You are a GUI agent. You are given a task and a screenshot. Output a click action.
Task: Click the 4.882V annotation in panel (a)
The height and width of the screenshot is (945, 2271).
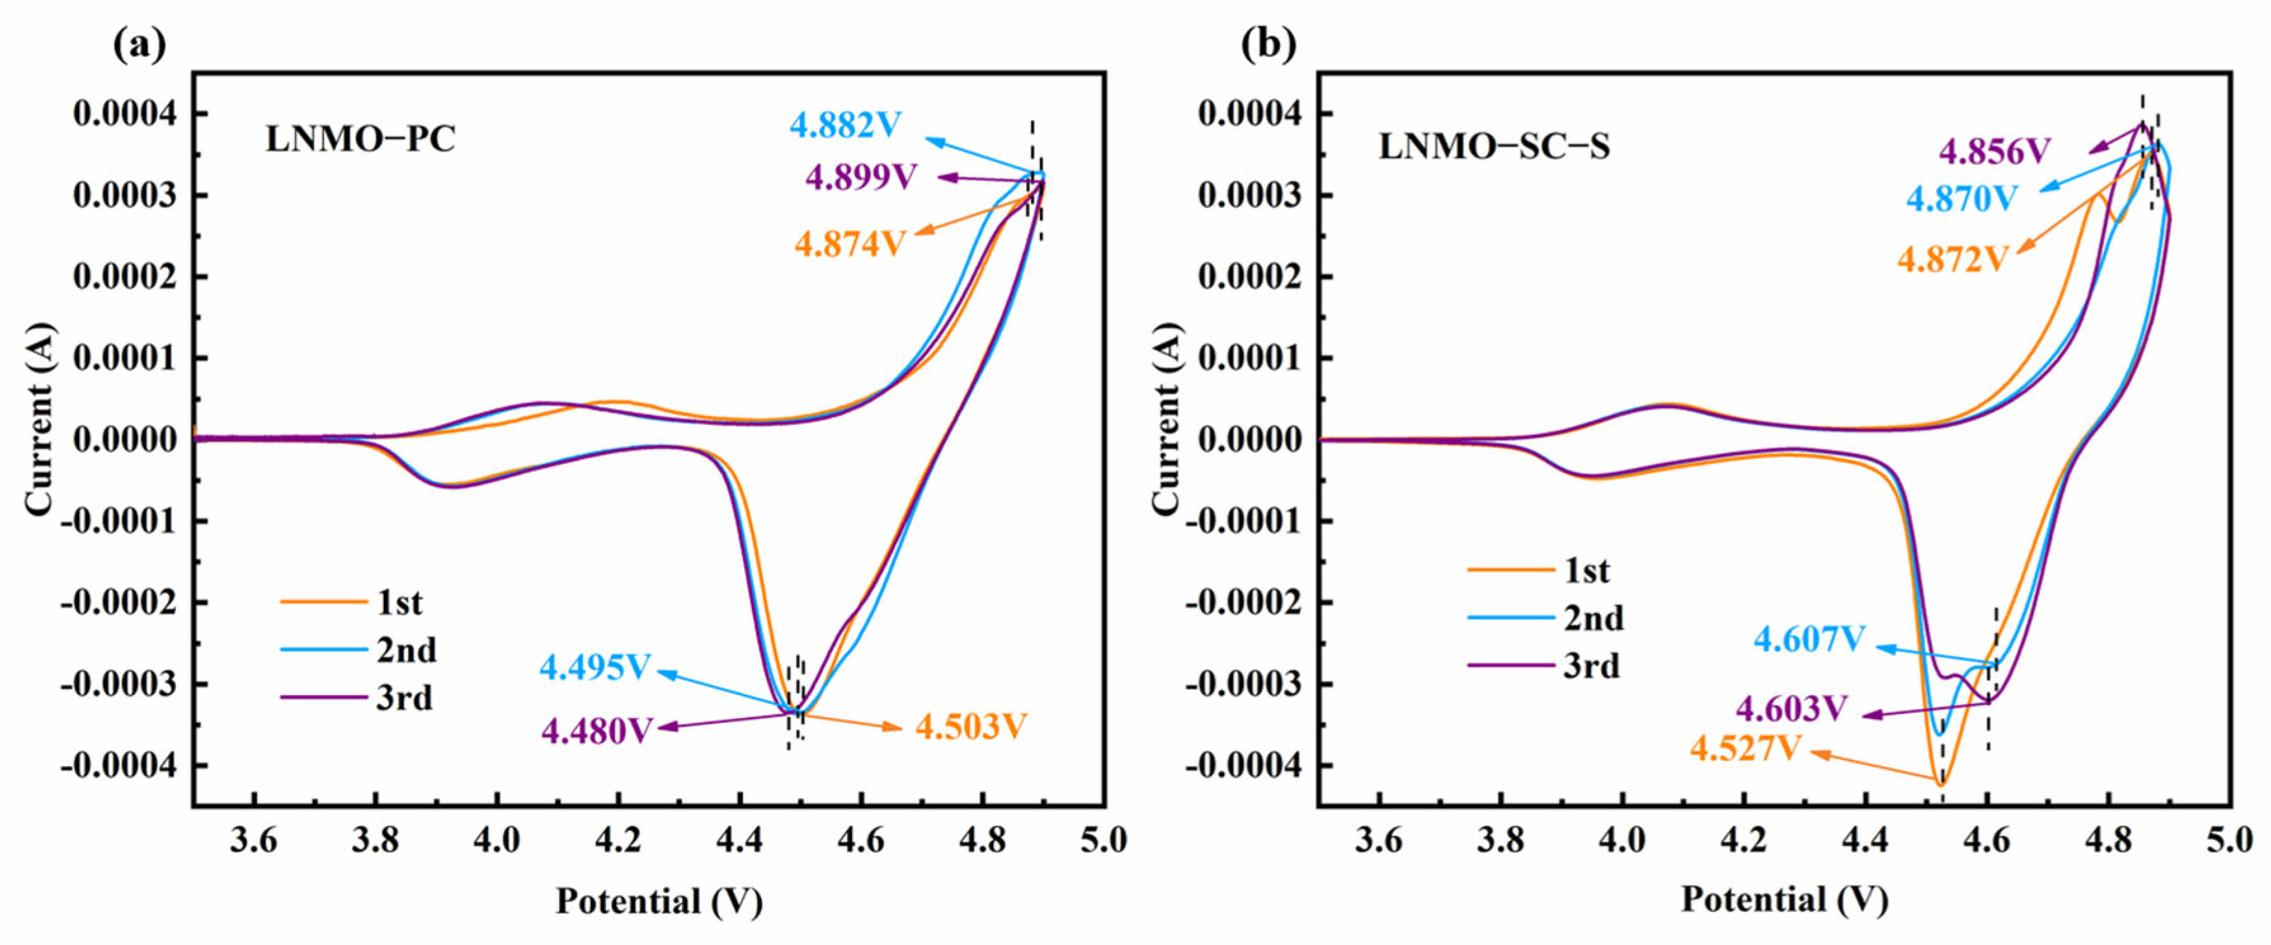(x=845, y=125)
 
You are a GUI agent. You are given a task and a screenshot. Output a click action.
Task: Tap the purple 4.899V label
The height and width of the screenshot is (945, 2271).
(x=860, y=177)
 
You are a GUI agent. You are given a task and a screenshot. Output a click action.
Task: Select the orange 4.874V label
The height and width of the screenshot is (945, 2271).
(x=850, y=244)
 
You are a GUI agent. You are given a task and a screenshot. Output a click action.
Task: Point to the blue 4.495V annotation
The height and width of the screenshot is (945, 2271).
(x=595, y=667)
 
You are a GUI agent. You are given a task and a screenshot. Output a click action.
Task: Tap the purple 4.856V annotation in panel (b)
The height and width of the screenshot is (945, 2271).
(x=1995, y=152)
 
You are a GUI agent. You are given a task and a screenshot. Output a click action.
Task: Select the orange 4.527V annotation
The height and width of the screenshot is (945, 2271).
(x=1746, y=748)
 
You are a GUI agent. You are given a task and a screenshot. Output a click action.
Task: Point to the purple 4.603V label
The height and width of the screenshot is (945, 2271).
(x=1791, y=708)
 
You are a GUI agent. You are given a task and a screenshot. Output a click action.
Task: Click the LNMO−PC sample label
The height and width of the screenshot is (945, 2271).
(x=360, y=140)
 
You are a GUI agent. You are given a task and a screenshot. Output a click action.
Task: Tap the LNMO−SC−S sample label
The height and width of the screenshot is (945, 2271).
(x=1494, y=147)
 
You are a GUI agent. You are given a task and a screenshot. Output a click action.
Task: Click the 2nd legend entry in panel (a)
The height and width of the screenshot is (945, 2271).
(x=358, y=649)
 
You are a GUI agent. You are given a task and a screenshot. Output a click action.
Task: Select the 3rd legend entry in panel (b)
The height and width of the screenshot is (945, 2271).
(x=1544, y=665)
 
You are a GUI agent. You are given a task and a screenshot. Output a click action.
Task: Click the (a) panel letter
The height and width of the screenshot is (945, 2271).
(x=140, y=43)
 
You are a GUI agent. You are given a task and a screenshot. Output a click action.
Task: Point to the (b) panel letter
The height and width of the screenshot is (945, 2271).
(x=1268, y=43)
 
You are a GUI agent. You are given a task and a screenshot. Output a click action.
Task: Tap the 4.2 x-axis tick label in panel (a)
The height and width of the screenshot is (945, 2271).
(x=618, y=840)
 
